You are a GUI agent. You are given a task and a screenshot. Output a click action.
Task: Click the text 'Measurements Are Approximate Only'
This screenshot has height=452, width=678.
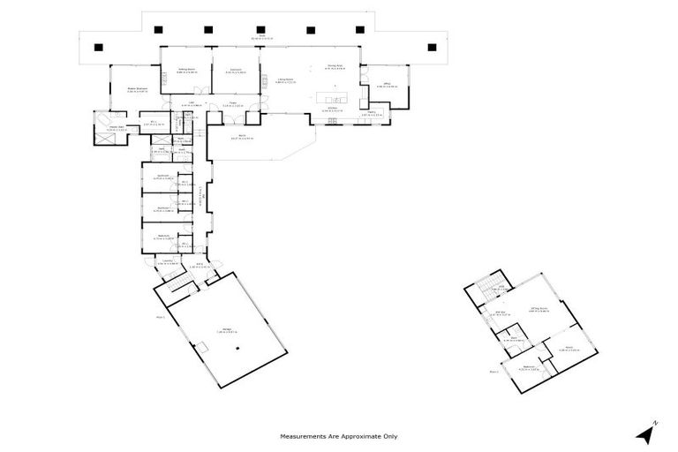(339, 436)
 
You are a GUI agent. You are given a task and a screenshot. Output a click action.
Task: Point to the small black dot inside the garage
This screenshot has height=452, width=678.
(237, 349)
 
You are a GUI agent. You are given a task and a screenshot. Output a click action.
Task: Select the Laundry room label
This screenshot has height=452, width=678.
(168, 262)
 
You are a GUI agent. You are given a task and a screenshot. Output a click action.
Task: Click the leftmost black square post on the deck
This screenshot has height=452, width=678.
(99, 47)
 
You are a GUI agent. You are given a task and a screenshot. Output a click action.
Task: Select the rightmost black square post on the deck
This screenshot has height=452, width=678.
(432, 47)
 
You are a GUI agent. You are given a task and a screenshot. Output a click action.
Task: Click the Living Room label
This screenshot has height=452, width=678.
(282, 80)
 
